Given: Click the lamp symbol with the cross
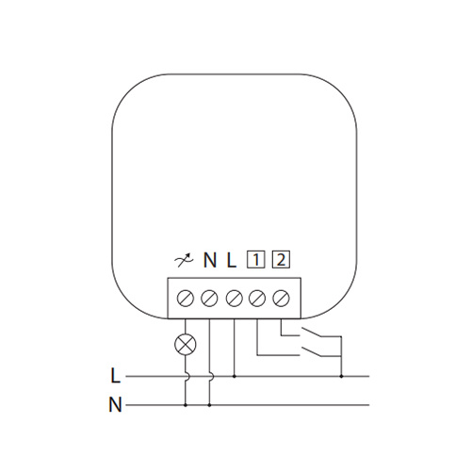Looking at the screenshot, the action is click(186, 344).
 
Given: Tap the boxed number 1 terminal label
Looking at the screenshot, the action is click(256, 260).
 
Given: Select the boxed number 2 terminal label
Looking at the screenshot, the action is click(281, 260).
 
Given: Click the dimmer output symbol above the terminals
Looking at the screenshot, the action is click(184, 261).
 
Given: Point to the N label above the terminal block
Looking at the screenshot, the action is click(210, 260).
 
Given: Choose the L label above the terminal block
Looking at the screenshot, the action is click(231, 260).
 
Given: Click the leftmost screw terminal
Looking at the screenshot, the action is click(186, 298).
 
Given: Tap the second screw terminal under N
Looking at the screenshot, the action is click(209, 298).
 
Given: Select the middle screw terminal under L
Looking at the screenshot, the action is click(234, 298).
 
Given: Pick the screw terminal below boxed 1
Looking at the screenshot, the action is click(257, 298).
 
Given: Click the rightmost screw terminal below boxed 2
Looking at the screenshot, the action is click(281, 298).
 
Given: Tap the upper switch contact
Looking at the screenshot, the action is click(311, 333).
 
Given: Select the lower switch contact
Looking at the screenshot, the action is click(311, 352).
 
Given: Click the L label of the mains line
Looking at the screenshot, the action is click(116, 376).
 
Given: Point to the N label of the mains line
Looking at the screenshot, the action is click(115, 405).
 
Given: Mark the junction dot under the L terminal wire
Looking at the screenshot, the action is click(235, 376).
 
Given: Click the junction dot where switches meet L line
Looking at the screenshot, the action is click(341, 376).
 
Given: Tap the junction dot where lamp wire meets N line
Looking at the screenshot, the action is click(186, 405).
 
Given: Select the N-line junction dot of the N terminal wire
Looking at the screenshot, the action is click(209, 405).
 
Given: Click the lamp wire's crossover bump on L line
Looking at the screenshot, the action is click(187, 376).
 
